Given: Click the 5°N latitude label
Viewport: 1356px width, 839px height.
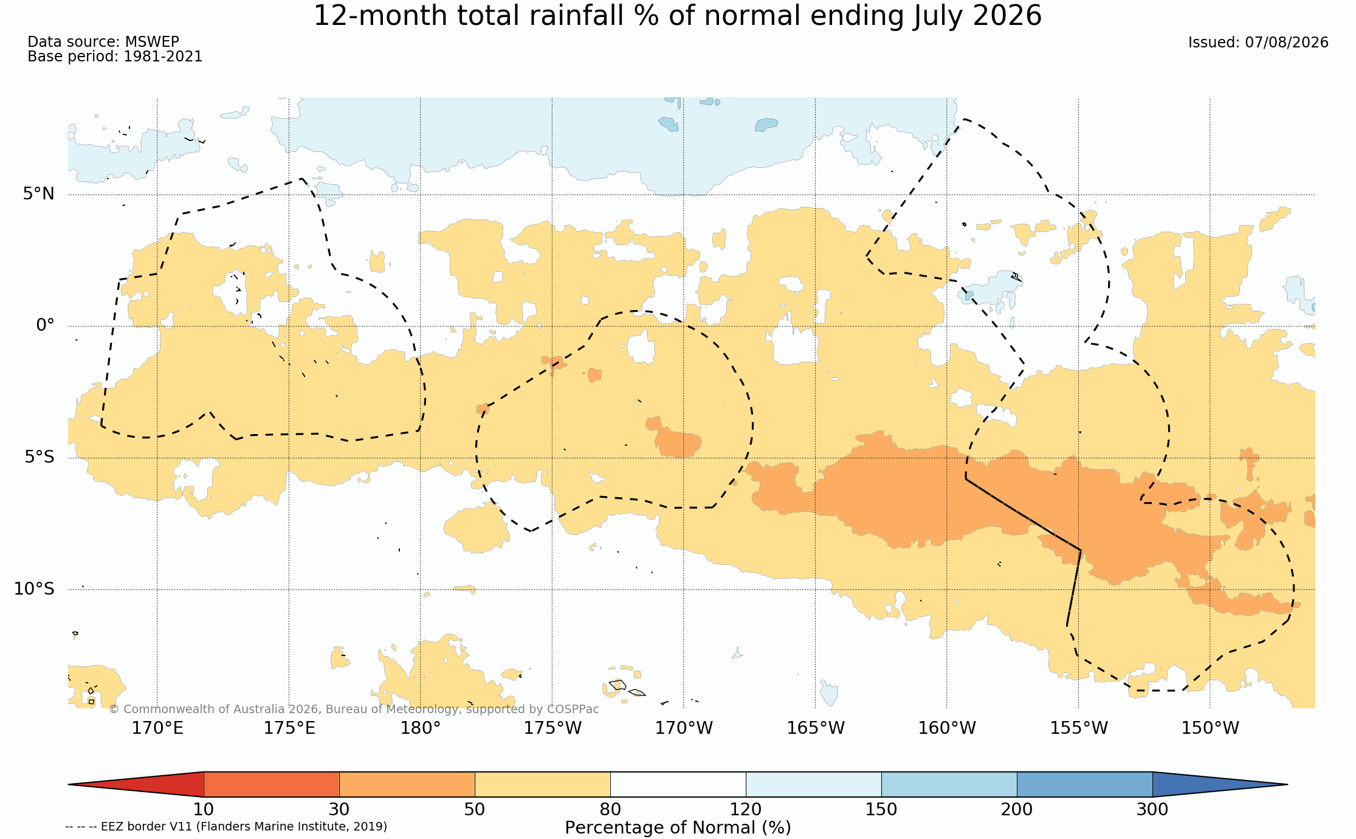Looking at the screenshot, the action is click(39, 194).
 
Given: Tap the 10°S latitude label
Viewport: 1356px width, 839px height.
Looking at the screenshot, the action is click(34, 589).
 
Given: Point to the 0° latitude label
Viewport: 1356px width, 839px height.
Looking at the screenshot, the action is click(45, 325).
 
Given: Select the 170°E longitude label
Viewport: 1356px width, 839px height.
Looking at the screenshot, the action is click(157, 728).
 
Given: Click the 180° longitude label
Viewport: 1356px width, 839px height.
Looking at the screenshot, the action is click(420, 728).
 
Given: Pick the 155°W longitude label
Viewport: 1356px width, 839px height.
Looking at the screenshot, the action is click(1079, 728).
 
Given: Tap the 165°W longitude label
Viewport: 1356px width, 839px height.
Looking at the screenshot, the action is click(816, 728).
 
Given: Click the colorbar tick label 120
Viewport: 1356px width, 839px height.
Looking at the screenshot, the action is click(746, 810).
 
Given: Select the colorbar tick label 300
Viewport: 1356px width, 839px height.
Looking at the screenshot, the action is click(1152, 810).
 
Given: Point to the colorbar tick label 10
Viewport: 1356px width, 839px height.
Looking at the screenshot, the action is click(204, 810).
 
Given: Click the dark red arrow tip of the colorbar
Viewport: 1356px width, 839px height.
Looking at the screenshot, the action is click(69, 784).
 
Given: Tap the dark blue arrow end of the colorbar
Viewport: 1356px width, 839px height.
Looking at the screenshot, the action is click(1287, 784).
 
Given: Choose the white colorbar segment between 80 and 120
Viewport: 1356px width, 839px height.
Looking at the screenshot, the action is click(678, 784).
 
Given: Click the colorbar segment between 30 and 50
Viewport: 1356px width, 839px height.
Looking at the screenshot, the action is click(407, 784).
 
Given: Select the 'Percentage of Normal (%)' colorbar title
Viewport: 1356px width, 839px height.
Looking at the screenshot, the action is click(678, 828).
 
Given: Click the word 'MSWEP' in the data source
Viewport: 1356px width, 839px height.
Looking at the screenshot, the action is click(152, 42).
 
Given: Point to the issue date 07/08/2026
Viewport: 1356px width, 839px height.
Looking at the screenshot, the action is click(1286, 43).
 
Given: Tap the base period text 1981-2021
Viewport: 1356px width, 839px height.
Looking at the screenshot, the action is click(163, 57).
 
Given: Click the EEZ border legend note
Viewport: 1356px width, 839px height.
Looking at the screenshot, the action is click(226, 827).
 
